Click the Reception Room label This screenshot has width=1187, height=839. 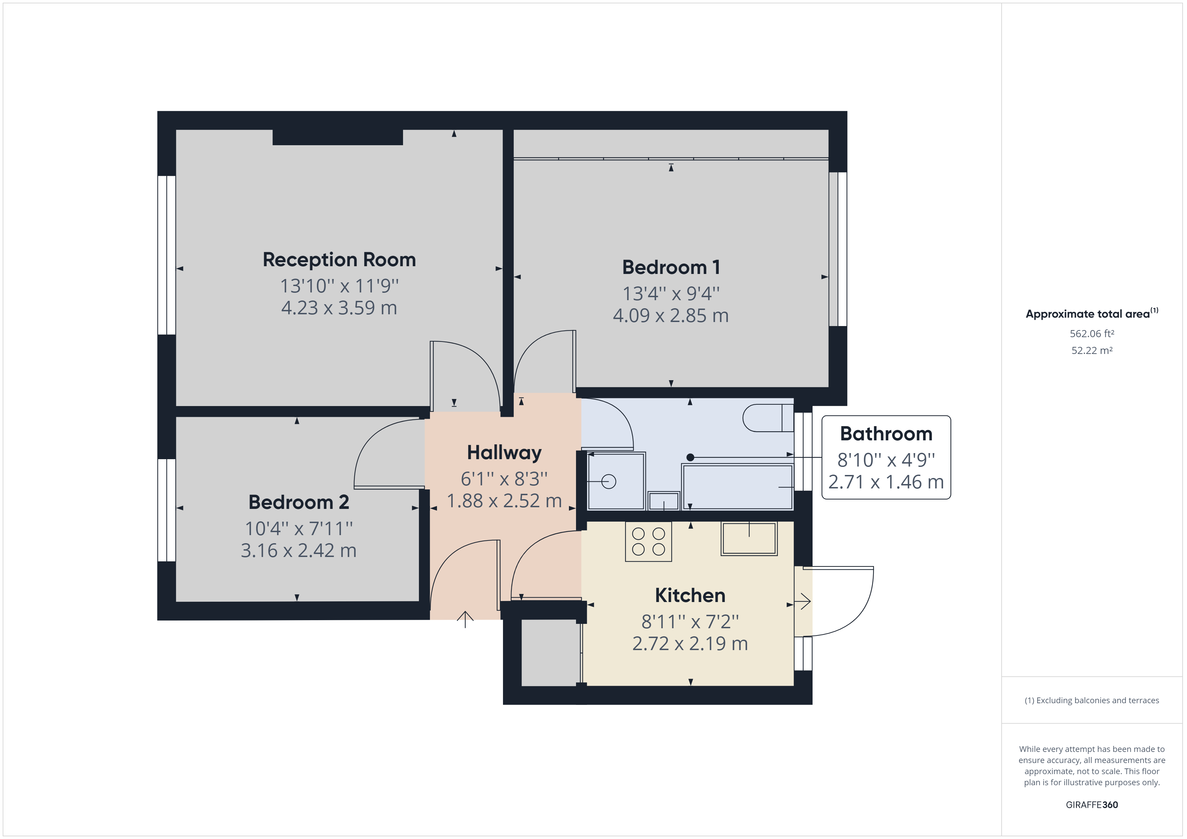coord(339,259)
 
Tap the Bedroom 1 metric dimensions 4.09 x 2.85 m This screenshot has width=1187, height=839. coord(671,315)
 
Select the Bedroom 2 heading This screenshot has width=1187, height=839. coord(298,502)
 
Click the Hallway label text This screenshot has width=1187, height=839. coord(504,452)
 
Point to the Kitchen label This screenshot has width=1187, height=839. coord(690,595)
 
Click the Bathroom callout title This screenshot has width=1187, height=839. coord(886,433)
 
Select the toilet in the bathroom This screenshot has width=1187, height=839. coord(768,418)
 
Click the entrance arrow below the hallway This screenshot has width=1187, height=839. coord(465,619)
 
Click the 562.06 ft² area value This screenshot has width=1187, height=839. coord(1092,334)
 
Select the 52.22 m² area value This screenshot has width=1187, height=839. coord(1092,350)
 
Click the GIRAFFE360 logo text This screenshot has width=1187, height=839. coord(1092,804)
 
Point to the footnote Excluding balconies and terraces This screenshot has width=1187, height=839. coord(1092,701)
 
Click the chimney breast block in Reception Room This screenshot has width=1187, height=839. coord(337,137)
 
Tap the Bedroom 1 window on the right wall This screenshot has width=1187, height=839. coord(838,249)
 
